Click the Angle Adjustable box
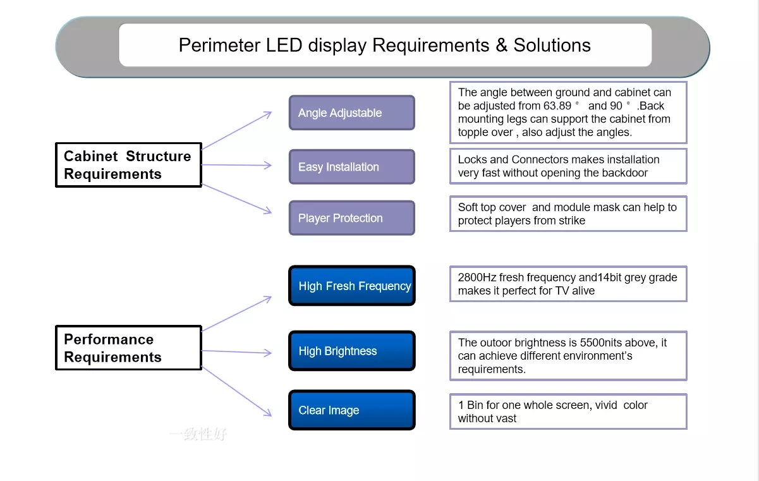[x=352, y=113]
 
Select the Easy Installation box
[x=352, y=167]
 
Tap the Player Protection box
[x=352, y=217]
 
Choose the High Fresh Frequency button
[x=352, y=286]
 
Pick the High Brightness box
[x=352, y=351]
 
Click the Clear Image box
[x=352, y=410]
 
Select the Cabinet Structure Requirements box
[x=128, y=165]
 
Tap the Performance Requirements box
[x=128, y=348]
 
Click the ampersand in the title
[x=502, y=45]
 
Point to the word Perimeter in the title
[x=220, y=45]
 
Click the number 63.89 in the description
[x=557, y=106]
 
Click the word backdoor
[x=624, y=173]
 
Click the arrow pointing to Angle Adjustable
[x=236, y=130]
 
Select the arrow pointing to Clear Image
[x=236, y=391]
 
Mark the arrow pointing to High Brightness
[x=236, y=352]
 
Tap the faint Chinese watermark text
[x=198, y=434]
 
